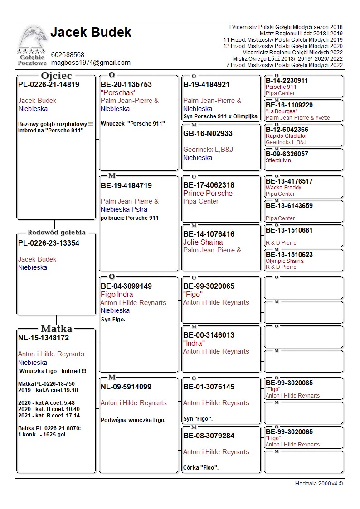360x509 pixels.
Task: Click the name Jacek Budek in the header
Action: click(x=91, y=33)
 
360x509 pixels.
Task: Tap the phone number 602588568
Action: click(x=68, y=55)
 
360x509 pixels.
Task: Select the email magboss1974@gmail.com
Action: click(x=91, y=63)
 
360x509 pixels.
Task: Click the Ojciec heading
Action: click(x=56, y=76)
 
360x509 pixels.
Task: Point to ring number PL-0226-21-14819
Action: click(x=49, y=84)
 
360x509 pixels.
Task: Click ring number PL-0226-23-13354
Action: click(x=49, y=243)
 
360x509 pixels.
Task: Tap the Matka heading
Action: click(x=56, y=329)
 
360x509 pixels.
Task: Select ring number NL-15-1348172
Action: click(x=44, y=338)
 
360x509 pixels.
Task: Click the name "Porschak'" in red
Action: click(x=118, y=92)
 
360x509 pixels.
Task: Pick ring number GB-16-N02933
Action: click(x=208, y=133)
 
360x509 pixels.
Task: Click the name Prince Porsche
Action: click(x=208, y=193)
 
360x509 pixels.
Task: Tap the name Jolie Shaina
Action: click(x=203, y=242)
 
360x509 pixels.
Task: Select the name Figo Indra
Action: click(x=117, y=295)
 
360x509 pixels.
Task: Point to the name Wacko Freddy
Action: click(x=283, y=188)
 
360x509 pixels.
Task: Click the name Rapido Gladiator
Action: click(x=286, y=136)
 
